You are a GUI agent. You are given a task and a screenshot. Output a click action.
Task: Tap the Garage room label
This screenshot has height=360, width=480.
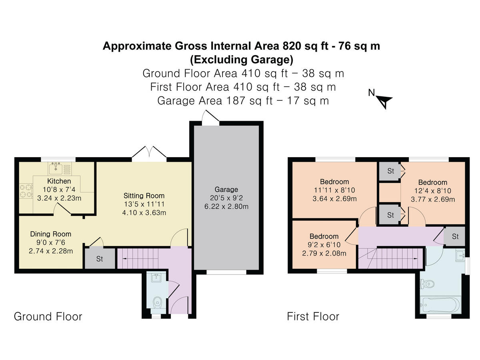226,189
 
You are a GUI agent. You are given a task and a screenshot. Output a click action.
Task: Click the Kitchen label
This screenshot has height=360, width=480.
59,182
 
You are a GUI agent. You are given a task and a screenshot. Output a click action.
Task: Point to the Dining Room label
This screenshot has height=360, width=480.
50,234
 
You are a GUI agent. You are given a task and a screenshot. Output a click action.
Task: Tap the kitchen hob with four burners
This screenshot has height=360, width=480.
26,190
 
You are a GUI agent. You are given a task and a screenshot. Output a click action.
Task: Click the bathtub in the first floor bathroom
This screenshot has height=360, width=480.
440,306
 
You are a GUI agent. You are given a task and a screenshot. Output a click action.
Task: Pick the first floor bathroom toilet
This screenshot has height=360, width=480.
427,284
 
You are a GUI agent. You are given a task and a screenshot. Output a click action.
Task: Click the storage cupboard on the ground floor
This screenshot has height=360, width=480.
100,259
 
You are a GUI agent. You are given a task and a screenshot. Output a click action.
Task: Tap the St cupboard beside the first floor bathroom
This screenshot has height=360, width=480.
455,236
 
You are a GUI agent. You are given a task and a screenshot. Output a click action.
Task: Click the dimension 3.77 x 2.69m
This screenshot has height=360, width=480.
433,199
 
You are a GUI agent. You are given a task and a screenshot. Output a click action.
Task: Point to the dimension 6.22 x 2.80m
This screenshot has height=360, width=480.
226,206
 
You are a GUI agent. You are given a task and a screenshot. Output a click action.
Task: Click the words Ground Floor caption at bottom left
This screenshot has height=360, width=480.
48,316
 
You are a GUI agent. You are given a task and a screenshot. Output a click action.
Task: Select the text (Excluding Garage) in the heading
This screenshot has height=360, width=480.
241,60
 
